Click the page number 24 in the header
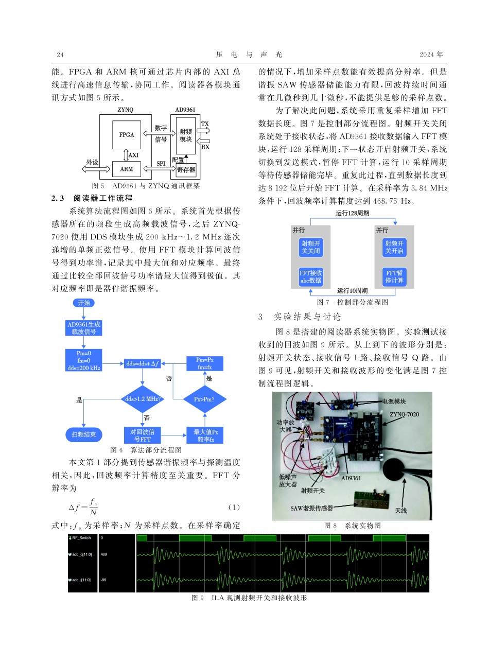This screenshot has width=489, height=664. (x=60, y=55)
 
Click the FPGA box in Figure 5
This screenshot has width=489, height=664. (x=127, y=135)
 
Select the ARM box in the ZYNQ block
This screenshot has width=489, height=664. (x=127, y=169)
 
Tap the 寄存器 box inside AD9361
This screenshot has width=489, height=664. (x=186, y=169)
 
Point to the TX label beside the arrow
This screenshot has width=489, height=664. (x=205, y=124)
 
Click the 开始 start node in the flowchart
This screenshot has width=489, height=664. (x=84, y=303)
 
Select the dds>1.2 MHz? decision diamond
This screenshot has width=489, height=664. (x=143, y=399)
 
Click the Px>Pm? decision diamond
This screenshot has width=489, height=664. (x=204, y=399)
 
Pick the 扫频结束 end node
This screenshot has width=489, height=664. (x=84, y=435)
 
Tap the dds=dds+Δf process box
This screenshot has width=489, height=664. (x=143, y=363)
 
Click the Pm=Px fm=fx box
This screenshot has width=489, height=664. (x=204, y=363)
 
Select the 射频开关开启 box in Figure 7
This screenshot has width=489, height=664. (x=395, y=247)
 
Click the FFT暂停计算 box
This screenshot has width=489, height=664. (x=395, y=277)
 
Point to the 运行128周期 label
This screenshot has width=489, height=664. (x=353, y=213)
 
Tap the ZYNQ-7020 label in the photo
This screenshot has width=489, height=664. (x=404, y=414)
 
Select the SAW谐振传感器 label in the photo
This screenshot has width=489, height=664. (x=311, y=508)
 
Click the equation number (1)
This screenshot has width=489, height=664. (x=234, y=508)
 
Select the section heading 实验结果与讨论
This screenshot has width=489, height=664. (x=307, y=317)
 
